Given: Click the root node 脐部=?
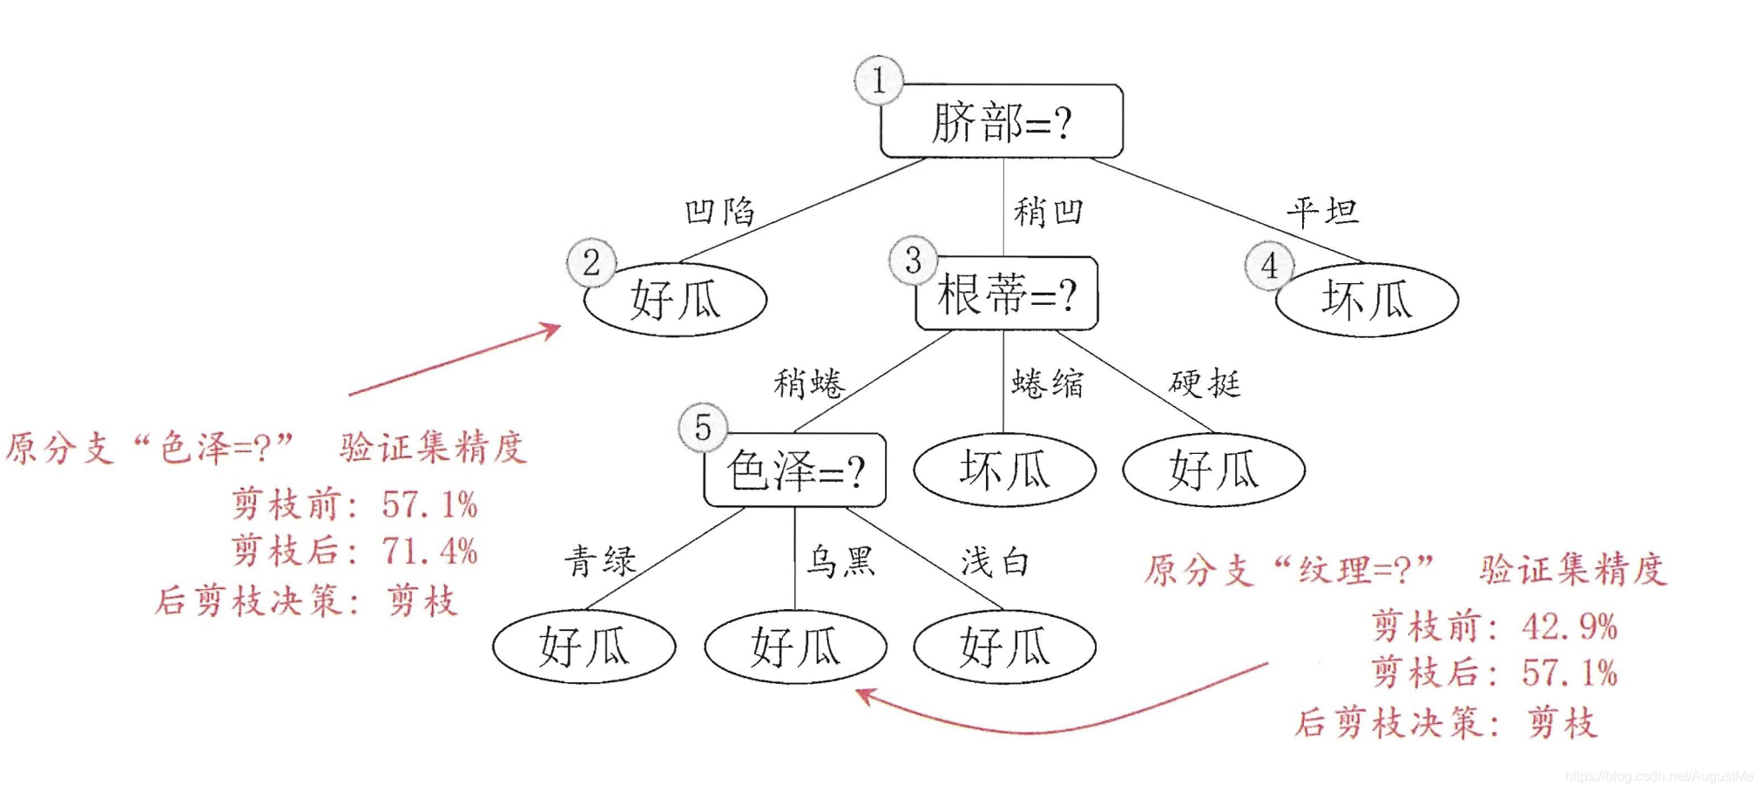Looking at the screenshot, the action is tap(1002, 121).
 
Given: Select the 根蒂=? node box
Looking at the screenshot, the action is tap(1007, 293).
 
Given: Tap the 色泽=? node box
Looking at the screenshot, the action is tap(795, 470).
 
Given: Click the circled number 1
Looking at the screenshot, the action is tap(879, 80).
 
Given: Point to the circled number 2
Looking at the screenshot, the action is tap(591, 262).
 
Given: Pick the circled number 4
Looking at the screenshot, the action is tap(1270, 266).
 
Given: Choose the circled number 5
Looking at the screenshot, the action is tap(703, 427).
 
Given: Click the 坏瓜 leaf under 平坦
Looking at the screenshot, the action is tap(1367, 300).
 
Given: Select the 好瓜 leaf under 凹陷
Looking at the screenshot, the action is tap(675, 300).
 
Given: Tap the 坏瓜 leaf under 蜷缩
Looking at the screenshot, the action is tap(1004, 470).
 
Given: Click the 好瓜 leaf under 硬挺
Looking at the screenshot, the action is tap(1214, 470).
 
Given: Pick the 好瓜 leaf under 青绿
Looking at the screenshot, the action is tap(584, 646).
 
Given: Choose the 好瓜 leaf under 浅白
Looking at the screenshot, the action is tap(1004, 646).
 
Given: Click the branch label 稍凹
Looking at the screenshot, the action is tap(1049, 212).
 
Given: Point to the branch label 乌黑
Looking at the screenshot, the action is tap(840, 562).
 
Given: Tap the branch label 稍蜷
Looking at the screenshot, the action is tap(809, 383).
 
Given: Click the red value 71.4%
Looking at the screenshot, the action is tap(429, 552).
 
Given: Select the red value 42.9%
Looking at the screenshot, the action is tap(1570, 626).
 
